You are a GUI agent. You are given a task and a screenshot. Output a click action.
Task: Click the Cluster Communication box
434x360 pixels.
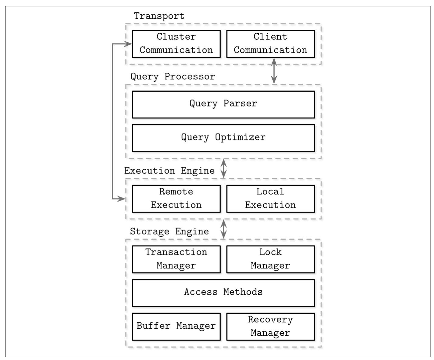tap(176, 44)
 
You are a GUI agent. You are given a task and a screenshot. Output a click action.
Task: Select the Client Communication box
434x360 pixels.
tap(270, 44)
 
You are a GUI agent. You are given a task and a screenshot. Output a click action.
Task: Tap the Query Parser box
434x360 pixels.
tap(223, 104)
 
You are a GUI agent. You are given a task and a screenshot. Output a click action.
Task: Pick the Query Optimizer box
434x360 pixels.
tap(223, 138)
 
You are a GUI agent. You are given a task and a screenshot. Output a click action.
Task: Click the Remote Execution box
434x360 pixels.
tap(176, 199)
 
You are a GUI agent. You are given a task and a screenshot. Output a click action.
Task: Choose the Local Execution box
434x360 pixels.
tap(270, 199)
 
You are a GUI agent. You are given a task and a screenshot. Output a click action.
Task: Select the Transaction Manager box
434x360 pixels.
tap(176, 259)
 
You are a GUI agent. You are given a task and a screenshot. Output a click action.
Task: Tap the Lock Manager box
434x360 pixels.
tap(270, 259)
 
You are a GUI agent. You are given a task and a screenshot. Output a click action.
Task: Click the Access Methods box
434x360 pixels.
tap(223, 293)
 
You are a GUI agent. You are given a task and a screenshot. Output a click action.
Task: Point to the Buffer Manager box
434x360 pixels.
tap(176, 326)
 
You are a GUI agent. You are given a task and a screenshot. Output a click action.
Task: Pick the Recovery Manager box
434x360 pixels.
tap(270, 326)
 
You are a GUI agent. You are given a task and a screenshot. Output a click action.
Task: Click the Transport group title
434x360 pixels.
tap(159, 16)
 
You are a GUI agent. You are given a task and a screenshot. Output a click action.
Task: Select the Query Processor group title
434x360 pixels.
tap(173, 76)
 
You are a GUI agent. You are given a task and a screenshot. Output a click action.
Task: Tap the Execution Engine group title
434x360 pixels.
tap(169, 171)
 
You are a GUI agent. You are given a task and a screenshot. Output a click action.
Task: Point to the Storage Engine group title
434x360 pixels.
tap(169, 231)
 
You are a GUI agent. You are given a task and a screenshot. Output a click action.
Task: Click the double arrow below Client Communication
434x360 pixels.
tap(274, 71)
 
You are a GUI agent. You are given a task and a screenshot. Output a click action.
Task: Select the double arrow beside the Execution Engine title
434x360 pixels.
tap(224, 168)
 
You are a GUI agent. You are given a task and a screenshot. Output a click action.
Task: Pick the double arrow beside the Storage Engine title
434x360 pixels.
tap(224, 229)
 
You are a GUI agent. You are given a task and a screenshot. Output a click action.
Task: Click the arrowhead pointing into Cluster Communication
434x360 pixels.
tap(129, 44)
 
